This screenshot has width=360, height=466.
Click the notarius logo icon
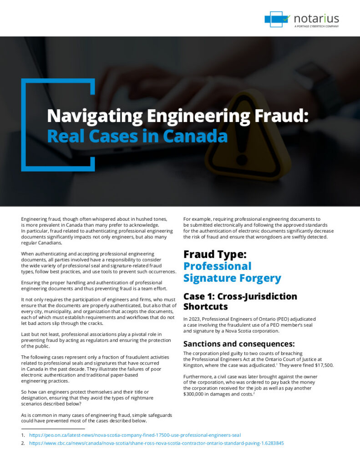coord(277,19)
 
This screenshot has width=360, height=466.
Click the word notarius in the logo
coord(316,19)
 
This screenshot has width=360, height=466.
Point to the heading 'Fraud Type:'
coord(215,254)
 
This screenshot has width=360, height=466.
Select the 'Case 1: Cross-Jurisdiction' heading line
coord(240,296)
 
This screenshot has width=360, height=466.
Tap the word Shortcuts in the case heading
coord(205,307)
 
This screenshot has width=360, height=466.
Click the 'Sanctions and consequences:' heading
coord(239,343)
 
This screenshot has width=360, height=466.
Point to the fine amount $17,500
coord(324,365)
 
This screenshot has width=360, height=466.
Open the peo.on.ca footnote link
coord(135,435)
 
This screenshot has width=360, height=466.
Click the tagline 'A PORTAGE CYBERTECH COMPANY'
coord(316,26)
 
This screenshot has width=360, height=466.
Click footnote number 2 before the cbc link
coord(22,443)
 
